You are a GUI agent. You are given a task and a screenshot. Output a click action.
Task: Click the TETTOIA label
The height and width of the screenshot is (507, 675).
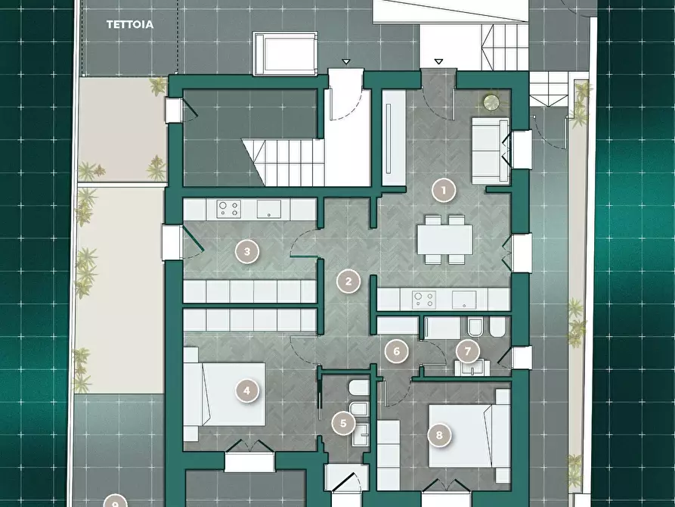point(129,24)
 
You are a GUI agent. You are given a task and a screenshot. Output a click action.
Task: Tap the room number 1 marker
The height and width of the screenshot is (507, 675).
point(444,190)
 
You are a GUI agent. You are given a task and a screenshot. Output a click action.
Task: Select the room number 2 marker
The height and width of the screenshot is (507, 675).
point(348,281)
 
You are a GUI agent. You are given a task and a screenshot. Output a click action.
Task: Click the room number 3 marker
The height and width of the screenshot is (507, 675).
point(247,251)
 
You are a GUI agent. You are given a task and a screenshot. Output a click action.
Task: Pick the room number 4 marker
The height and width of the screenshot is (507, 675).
point(246,390)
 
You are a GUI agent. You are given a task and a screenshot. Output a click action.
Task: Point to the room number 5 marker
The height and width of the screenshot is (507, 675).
point(343,423)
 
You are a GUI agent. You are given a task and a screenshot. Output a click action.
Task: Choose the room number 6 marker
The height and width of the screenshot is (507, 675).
point(397,351)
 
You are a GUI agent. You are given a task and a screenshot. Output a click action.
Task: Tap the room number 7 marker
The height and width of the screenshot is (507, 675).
point(468,351)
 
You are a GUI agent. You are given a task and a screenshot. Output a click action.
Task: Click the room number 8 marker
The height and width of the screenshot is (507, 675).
point(439,435)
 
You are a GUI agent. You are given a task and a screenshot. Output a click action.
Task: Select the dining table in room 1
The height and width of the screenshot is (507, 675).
point(444,240)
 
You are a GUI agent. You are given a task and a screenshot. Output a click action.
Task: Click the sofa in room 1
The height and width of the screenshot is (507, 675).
point(491,151)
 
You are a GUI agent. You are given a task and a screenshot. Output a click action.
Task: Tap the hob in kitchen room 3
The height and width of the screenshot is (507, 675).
point(228,209)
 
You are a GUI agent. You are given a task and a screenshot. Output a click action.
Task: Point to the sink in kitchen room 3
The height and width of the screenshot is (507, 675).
point(269,209)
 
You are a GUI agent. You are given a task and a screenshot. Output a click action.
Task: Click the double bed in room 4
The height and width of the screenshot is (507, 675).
point(224,394)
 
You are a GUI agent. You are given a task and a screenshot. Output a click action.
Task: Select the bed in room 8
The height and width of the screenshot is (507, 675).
point(469,436)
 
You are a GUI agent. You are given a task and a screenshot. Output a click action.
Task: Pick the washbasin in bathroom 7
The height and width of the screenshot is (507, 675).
point(472,368)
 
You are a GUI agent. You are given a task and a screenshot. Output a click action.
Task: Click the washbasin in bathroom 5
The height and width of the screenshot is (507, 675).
point(361,434)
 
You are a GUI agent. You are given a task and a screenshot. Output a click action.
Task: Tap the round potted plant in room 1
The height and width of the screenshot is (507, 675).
point(491,103)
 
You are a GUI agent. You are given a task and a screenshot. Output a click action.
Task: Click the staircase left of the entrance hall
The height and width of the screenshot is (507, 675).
point(285,162)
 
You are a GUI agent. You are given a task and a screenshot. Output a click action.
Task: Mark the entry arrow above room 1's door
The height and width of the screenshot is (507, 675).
point(438,61)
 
